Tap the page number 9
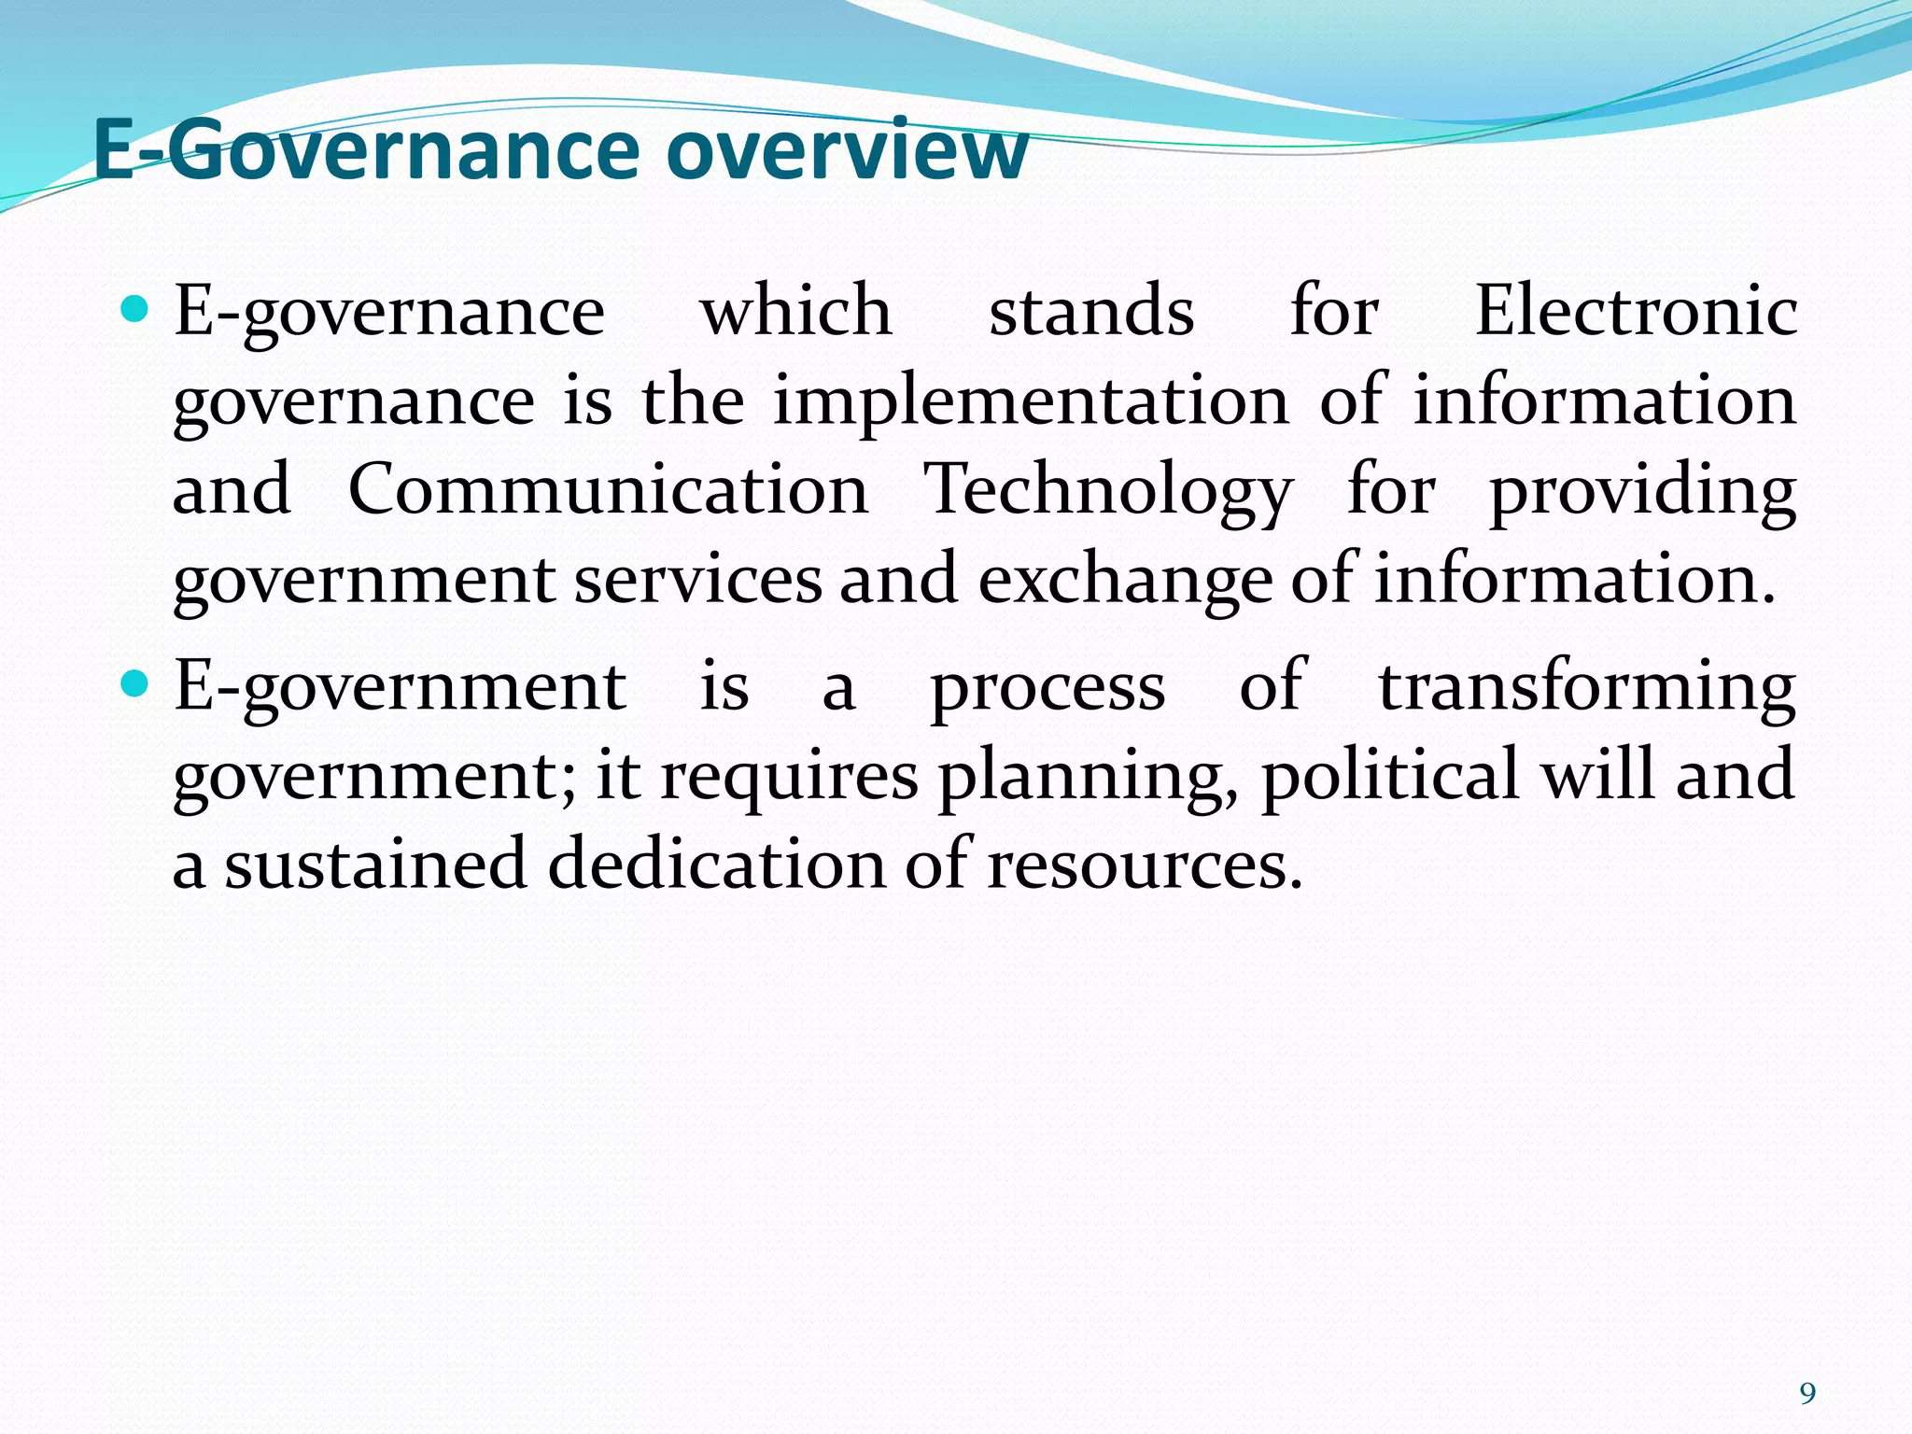click(x=1807, y=1394)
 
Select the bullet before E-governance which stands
click(x=135, y=309)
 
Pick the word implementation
click(x=1031, y=402)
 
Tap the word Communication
click(x=608, y=490)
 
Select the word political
click(x=1391, y=776)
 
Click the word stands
click(x=1091, y=311)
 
